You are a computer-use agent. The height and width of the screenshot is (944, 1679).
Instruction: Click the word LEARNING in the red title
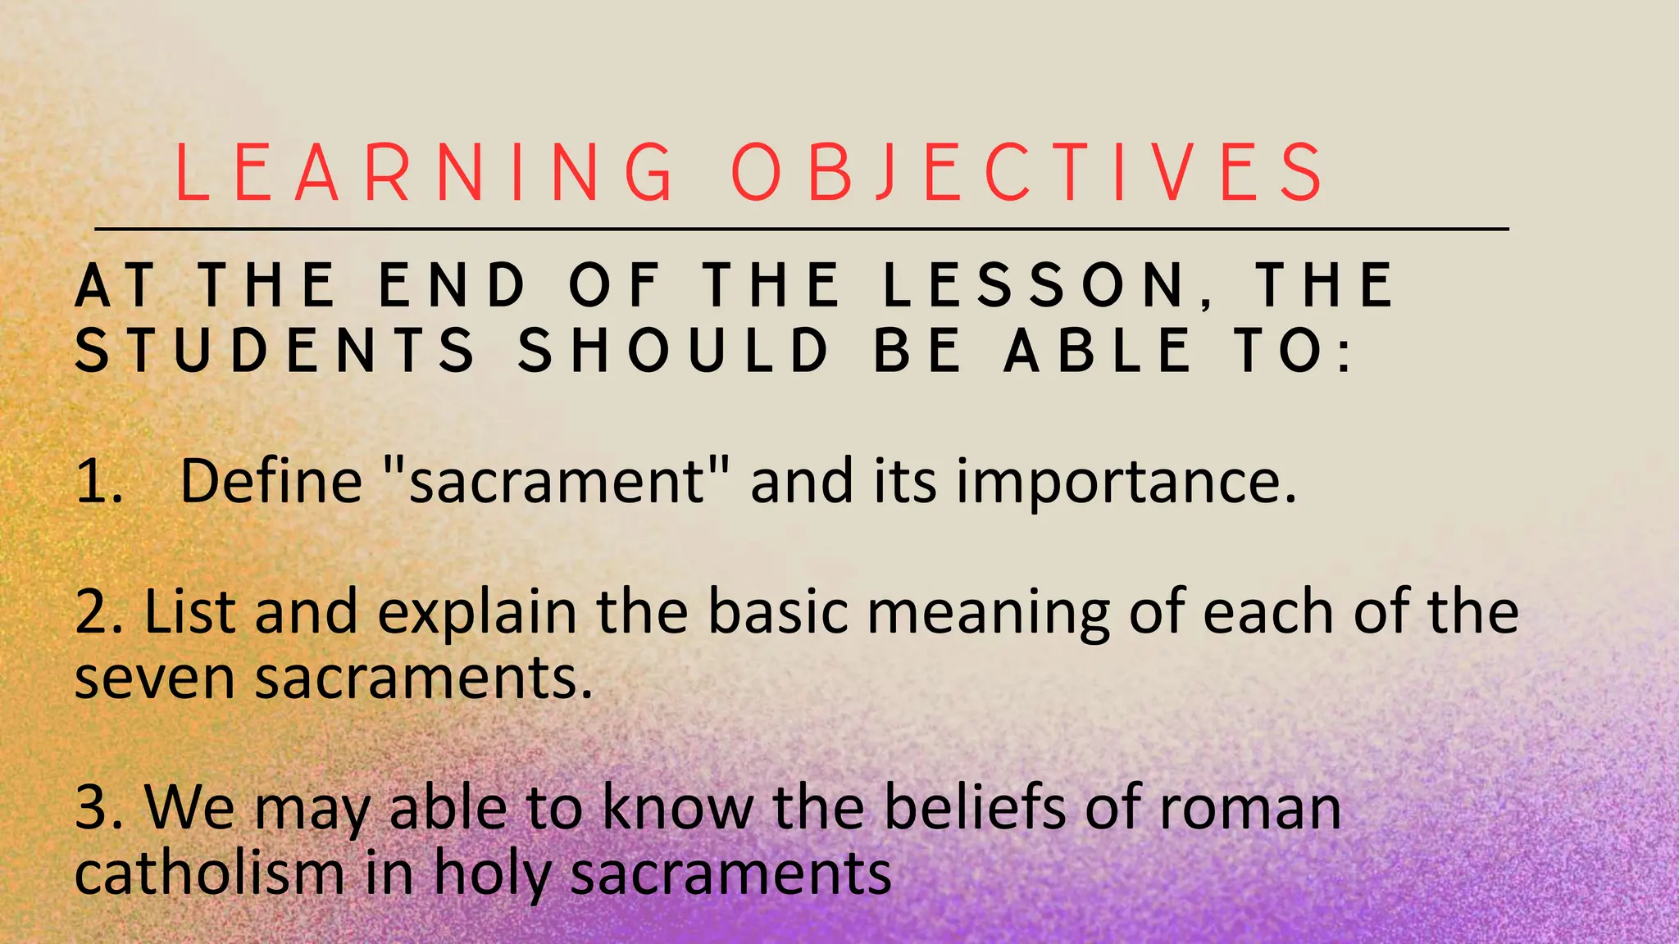pos(425,173)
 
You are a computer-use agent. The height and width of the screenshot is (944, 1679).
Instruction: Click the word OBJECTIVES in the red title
pos(1026,173)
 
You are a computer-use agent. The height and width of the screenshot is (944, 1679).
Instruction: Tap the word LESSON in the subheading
pos(1035,286)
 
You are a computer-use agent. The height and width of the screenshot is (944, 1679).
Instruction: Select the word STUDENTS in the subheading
pos(275,351)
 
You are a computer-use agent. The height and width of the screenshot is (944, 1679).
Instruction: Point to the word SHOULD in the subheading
pos(674,351)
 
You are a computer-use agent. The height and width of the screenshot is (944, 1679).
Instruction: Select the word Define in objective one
pos(271,482)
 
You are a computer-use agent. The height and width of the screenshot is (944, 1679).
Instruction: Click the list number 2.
pos(96,613)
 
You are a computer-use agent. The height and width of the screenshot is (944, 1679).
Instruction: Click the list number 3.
pos(96,808)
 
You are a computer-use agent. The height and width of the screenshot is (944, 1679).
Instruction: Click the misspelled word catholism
pos(209,874)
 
